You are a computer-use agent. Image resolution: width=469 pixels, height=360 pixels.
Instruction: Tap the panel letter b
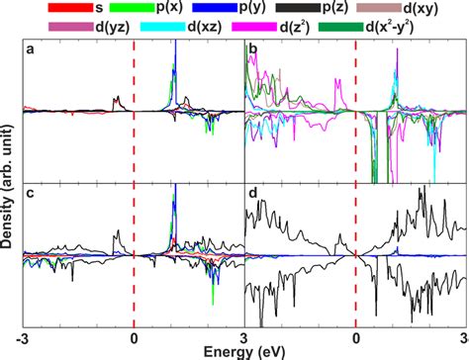[253, 50]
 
